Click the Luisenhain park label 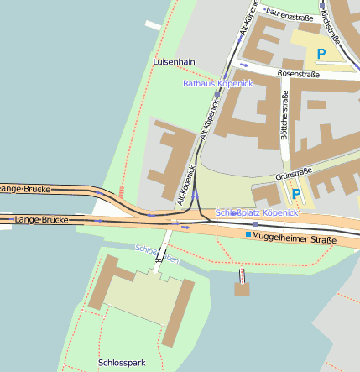(x=175, y=62)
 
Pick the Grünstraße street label (x=294, y=175)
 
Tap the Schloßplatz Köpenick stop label (x=257, y=213)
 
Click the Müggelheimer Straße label (x=295, y=239)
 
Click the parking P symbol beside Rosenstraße (x=321, y=54)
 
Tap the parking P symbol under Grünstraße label (x=295, y=194)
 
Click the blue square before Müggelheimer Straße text (x=248, y=235)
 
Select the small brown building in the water (x=243, y=290)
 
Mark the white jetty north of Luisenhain (x=152, y=25)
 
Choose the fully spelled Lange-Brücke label (x=41, y=220)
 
